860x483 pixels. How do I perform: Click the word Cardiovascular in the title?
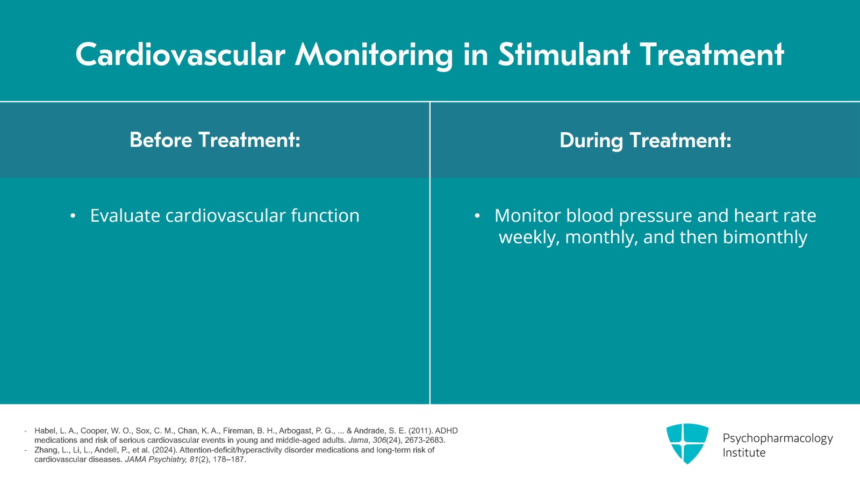coord(180,55)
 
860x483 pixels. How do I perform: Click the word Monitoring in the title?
coord(374,55)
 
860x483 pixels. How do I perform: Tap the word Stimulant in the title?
coord(563,55)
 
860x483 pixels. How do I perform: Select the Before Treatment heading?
coord(214,140)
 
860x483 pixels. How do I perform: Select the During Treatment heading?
coord(645,140)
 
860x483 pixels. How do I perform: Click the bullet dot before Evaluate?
coord(73,217)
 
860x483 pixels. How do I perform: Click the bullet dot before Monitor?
coord(477,217)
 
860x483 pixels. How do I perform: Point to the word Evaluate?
coord(125,215)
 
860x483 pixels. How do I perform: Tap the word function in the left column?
coord(325,215)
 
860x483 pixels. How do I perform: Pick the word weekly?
coord(529,237)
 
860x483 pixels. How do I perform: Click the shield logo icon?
coord(687,443)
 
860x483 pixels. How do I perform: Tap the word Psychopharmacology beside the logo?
coord(777,438)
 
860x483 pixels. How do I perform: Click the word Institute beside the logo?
coord(743,452)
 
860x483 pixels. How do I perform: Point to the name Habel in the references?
coord(45,431)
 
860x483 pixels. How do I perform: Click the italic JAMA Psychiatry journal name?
coord(155,459)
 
